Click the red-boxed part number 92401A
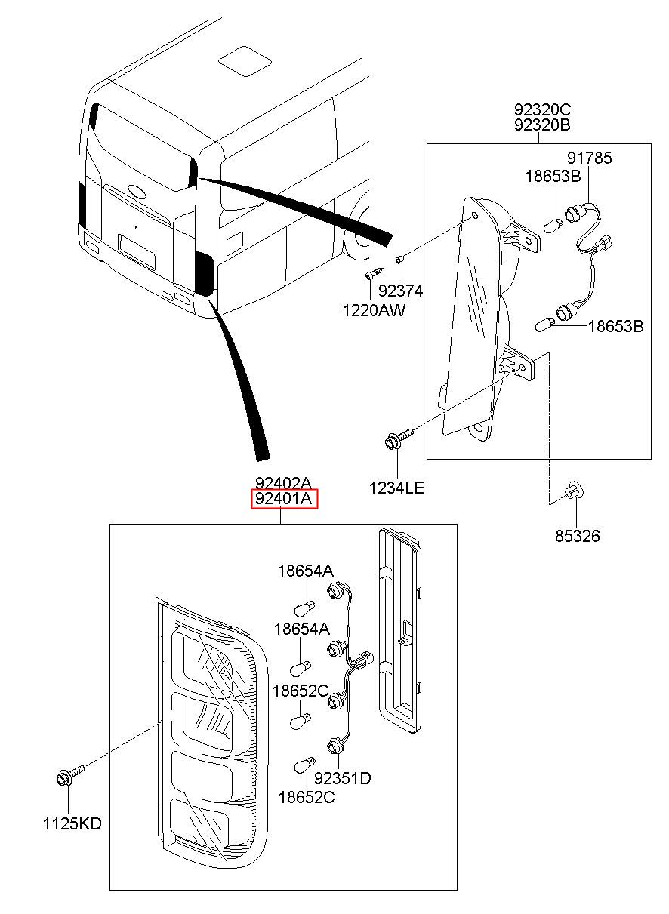point(284,499)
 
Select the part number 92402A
point(284,484)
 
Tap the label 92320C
point(542,109)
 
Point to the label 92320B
point(542,125)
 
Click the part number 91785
point(590,158)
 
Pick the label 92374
point(400,291)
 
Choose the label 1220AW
point(374,310)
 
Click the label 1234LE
point(396,488)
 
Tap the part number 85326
point(577,536)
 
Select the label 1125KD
point(72,824)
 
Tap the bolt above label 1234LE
point(399,438)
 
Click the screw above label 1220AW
point(375,272)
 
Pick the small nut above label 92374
point(399,259)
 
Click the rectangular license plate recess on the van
point(137,251)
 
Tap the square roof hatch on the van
point(245,62)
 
